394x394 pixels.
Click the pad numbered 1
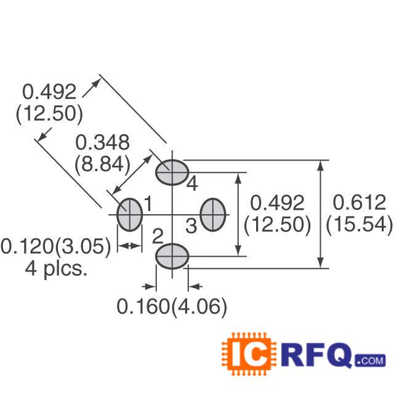tap(130, 214)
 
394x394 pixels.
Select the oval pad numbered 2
tap(172, 255)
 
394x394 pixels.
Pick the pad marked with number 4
tap(172, 172)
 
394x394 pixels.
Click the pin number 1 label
tap(148, 202)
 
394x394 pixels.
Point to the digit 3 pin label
tap(191, 226)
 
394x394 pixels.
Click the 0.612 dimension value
tap(359, 203)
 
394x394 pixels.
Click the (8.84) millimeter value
tap(102, 164)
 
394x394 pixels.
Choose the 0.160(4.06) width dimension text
tap(172, 307)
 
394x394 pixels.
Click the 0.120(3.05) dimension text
tap(56, 246)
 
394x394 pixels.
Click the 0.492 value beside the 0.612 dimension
tap(277, 203)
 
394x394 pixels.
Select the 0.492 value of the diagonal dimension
tap(49, 92)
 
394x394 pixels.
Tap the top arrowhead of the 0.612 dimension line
tap(321, 165)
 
